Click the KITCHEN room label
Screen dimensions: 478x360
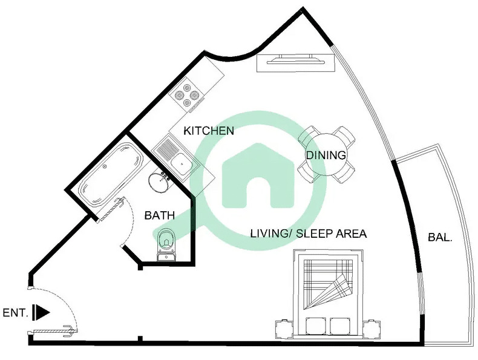tap(209, 131)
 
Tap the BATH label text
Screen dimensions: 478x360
tap(160, 215)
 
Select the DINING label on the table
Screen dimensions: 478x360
tap(326, 155)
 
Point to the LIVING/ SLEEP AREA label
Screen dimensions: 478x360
tap(309, 234)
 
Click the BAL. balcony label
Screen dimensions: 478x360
tap(440, 237)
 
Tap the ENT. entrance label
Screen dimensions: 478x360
tap(16, 313)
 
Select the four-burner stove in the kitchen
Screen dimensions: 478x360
tap(188, 94)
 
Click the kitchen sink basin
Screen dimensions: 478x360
tap(182, 165)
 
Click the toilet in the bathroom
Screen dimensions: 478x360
tap(166, 244)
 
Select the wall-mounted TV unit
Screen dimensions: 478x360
tap(295, 63)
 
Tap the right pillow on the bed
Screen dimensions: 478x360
tap(340, 326)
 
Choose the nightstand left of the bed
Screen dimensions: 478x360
tap(284, 329)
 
